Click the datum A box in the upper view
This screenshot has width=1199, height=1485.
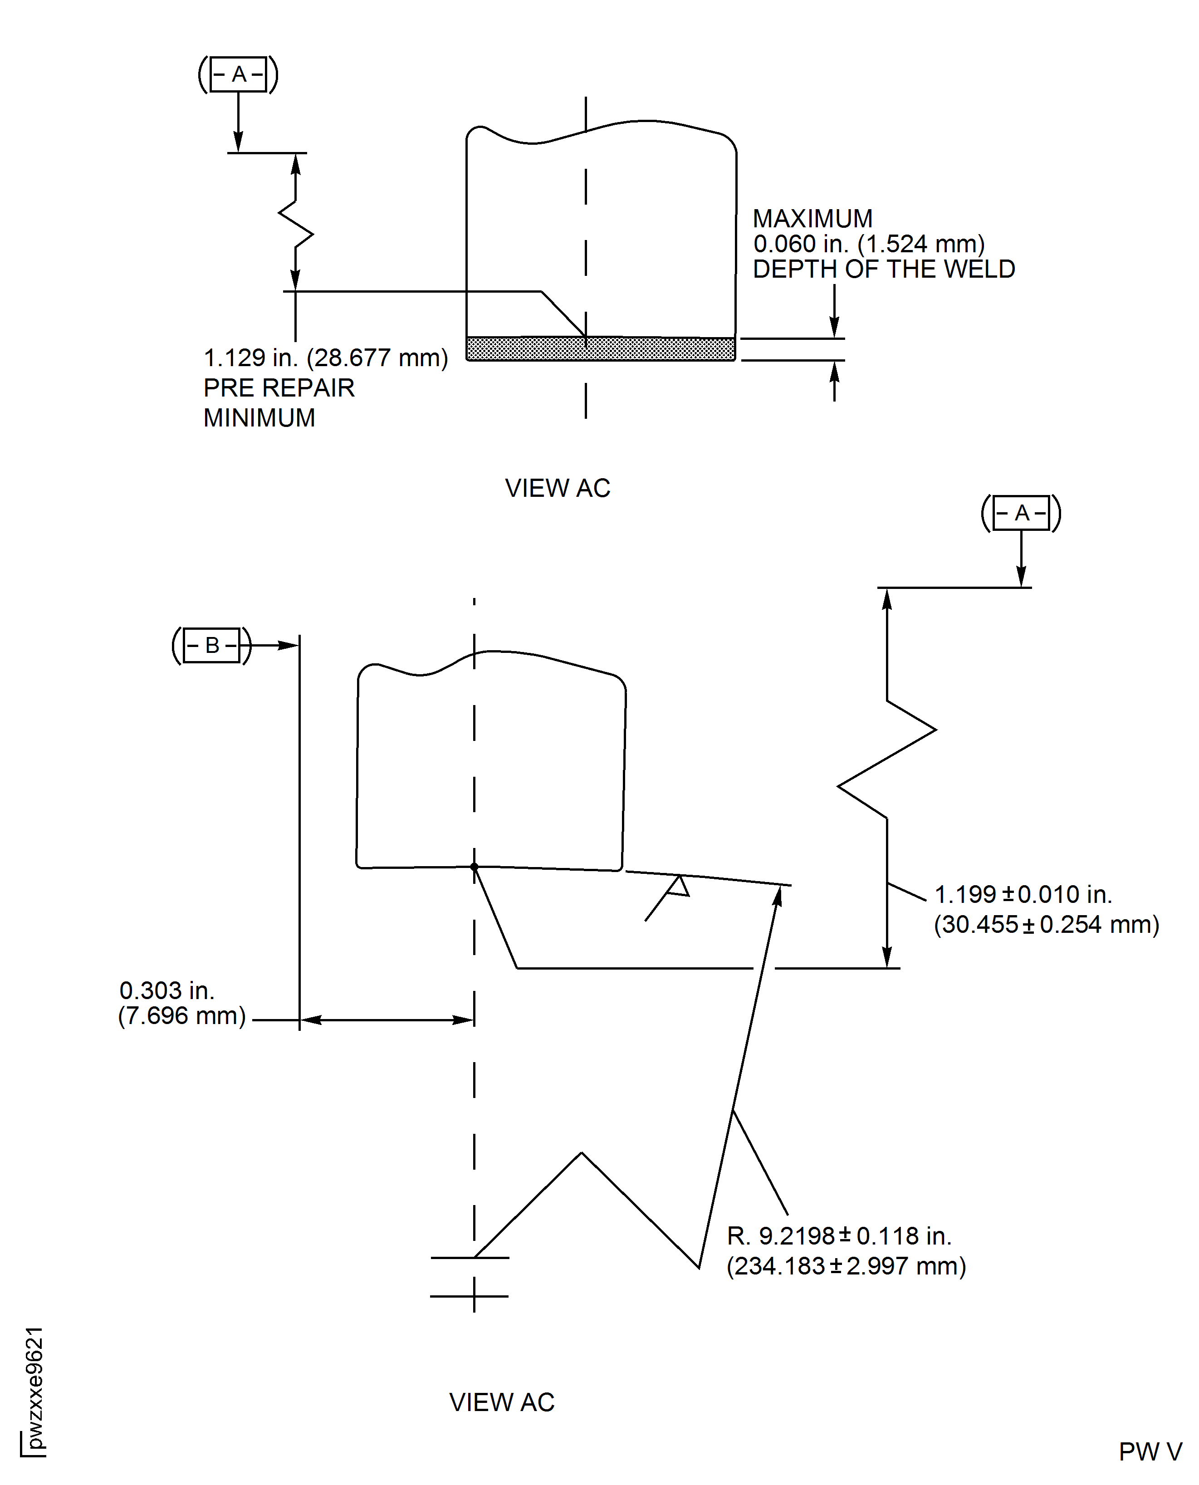coord(238,74)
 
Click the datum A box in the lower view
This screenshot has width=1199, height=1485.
coord(1022,513)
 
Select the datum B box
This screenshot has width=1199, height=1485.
coord(212,645)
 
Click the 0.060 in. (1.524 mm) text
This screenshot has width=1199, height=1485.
coord(868,244)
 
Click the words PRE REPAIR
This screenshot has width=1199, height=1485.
coord(279,388)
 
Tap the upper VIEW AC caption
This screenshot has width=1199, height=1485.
coord(558,488)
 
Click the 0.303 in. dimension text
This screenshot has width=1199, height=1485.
coord(166,990)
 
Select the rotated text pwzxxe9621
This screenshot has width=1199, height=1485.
coord(34,1388)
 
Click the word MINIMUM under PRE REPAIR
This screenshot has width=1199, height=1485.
coord(259,418)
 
